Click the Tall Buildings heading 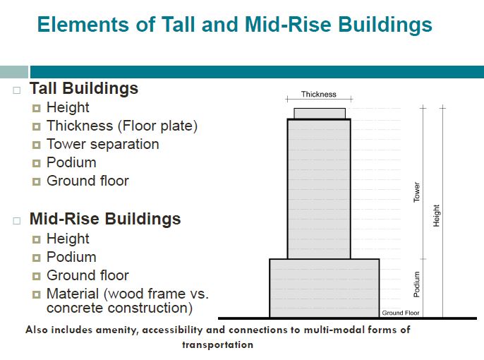[84, 89]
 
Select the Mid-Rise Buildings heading [105, 220]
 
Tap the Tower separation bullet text [103, 144]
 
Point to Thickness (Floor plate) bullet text [122, 126]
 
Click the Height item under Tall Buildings [68, 108]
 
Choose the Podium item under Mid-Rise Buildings [71, 257]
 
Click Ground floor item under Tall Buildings [87, 181]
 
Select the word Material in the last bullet [73, 294]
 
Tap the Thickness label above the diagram [319, 94]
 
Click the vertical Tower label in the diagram [417, 192]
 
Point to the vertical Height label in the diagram [436, 215]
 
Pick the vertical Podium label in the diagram [417, 284]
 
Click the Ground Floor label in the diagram [401, 313]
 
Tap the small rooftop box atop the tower [320, 114]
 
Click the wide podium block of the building [325, 288]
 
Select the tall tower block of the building [319, 189]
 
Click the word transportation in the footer [217, 344]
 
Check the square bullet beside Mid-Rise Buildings [17, 221]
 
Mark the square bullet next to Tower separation [37, 145]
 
